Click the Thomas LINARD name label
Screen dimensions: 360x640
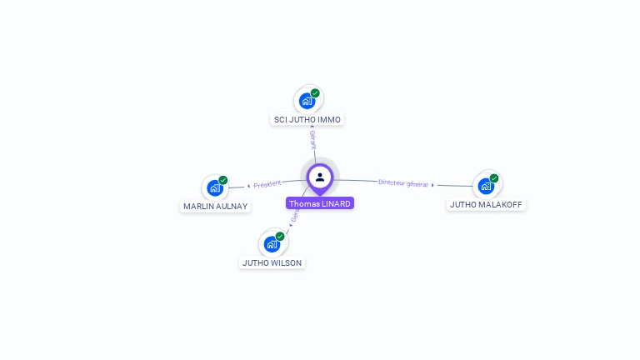click(320, 203)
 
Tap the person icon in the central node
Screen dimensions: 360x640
click(320, 177)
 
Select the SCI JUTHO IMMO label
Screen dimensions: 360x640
click(307, 119)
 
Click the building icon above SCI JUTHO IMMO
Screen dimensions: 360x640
click(307, 102)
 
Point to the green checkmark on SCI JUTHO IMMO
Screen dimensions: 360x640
click(315, 93)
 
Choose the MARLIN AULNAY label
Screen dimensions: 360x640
click(216, 206)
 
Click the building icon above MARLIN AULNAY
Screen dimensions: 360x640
click(215, 188)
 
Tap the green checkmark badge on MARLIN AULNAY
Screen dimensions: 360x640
click(223, 180)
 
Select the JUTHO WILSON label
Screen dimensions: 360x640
click(272, 262)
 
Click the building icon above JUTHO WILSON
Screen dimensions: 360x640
click(272, 244)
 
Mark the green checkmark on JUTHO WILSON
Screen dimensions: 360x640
click(280, 237)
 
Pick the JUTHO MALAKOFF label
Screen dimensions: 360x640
click(486, 204)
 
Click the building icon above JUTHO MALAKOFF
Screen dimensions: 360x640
click(486, 186)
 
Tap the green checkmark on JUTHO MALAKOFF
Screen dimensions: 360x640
click(494, 178)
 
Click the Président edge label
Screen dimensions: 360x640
click(267, 184)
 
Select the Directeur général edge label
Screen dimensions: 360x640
click(402, 183)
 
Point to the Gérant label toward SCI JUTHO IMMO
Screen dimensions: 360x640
click(312, 140)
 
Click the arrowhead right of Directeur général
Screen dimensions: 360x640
click(433, 185)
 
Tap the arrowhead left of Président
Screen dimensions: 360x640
click(248, 186)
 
